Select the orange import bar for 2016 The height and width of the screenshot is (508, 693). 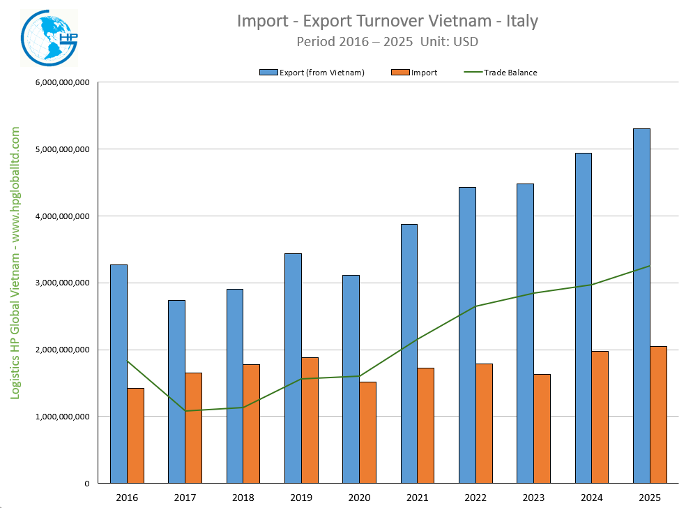tap(136, 435)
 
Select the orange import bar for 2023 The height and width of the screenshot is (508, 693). tap(542, 428)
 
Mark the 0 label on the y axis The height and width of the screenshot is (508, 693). tap(86, 484)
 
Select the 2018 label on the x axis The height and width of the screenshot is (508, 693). tap(243, 497)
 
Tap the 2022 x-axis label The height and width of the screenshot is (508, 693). tap(475, 497)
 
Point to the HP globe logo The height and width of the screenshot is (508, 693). tap(49, 36)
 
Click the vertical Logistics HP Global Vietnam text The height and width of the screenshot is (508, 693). tap(15, 263)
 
